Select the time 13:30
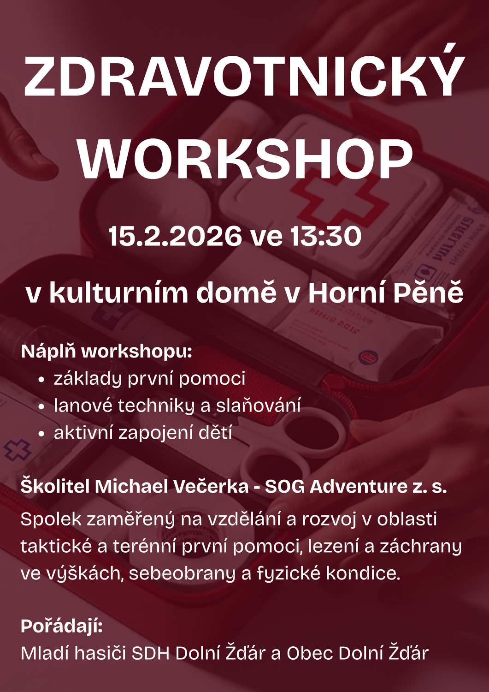pos(326,236)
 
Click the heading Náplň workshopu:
pos(106,352)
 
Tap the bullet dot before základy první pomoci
pos(41,380)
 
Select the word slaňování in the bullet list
pos(258,405)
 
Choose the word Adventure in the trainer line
pos(358,486)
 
